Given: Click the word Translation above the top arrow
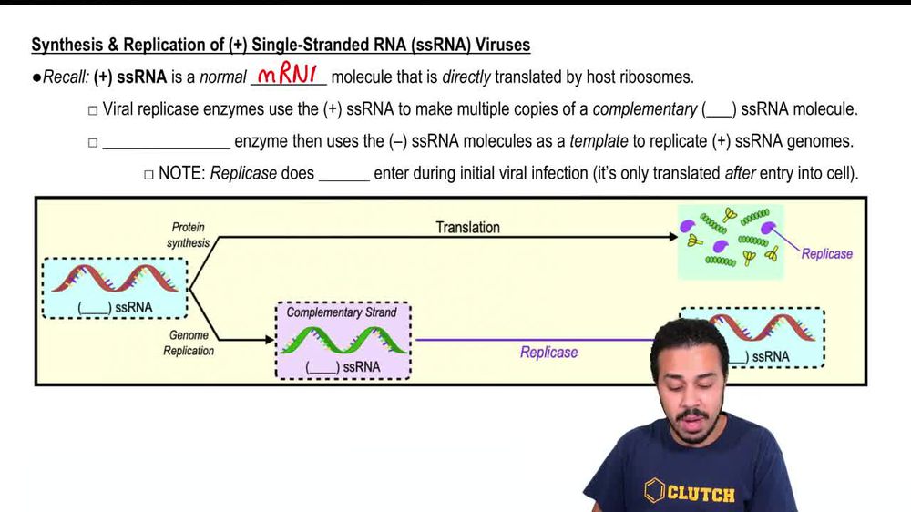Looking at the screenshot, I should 467,227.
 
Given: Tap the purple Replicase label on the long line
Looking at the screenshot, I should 548,352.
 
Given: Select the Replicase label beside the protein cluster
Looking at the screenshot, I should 826,253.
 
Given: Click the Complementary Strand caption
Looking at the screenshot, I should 342,312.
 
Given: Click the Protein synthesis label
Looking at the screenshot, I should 188,235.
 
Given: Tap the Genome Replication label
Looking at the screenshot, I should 189,343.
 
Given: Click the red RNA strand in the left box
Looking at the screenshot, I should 115,278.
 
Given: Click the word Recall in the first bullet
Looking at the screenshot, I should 65,77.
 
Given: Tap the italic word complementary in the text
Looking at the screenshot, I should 644,109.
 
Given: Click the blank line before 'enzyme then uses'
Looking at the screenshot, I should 166,143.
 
